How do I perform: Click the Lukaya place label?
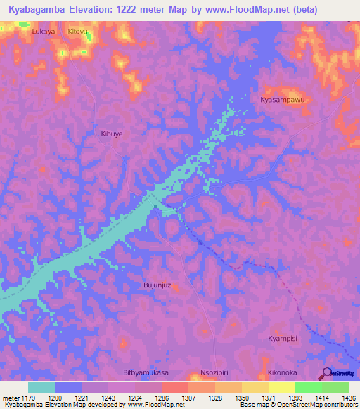(44, 32)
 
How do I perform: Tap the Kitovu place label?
(79, 32)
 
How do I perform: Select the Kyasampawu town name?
(285, 100)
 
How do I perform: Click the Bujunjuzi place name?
(157, 285)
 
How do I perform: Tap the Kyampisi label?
(283, 339)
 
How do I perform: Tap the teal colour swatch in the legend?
(41, 387)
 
